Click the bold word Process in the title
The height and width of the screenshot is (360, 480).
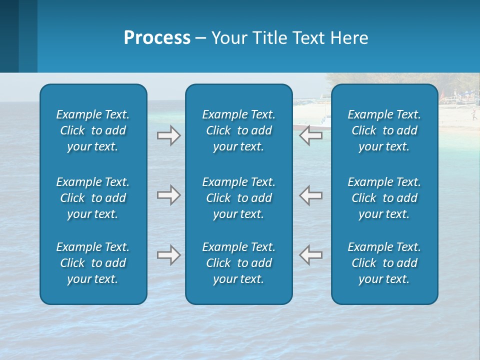(x=157, y=38)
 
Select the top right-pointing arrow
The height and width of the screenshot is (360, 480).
(x=168, y=135)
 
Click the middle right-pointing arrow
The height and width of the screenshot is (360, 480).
(x=168, y=195)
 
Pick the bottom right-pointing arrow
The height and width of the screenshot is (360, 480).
(x=168, y=255)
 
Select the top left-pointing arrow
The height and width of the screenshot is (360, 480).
(x=311, y=135)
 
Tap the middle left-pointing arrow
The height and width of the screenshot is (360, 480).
(x=311, y=195)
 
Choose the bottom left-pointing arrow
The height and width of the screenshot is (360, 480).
(x=311, y=255)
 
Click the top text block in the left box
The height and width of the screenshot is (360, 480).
(x=93, y=130)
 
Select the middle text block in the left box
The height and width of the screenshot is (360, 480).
(x=93, y=198)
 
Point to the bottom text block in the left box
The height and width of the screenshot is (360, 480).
(x=93, y=263)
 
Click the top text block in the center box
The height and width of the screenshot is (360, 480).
(x=238, y=130)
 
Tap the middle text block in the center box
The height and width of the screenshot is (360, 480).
(x=238, y=198)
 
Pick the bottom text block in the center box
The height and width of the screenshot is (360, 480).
(x=238, y=263)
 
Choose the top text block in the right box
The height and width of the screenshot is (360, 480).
(x=384, y=130)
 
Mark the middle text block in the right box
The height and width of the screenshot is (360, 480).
(x=384, y=198)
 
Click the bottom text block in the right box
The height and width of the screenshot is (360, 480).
(x=384, y=263)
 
